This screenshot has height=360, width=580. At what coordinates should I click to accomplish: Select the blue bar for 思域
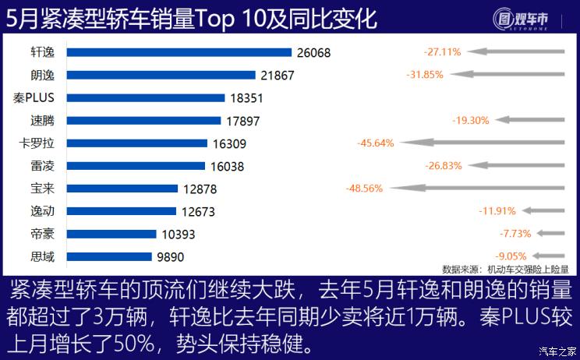pyautogui.click(x=109, y=256)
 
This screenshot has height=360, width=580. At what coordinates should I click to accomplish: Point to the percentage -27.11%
pyautogui.click(x=442, y=52)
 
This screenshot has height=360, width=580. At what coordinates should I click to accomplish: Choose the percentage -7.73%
pyautogui.click(x=515, y=234)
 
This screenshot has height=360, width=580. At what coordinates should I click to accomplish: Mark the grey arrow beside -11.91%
pyautogui.click(x=543, y=211)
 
